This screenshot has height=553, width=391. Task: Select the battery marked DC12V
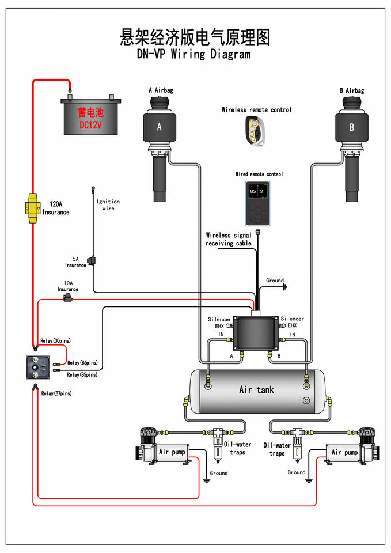point(90,116)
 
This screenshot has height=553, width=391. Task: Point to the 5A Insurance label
point(75,262)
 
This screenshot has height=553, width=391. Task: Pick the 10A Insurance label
point(68,286)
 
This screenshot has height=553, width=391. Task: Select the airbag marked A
point(160,127)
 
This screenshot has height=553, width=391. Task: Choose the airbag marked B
point(351,127)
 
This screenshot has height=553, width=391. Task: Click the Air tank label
point(257,390)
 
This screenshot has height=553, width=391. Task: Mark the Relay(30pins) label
point(55,341)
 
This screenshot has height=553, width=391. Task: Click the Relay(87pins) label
point(56,393)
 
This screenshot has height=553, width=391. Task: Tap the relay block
point(38,367)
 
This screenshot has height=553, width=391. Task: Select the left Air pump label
point(172,452)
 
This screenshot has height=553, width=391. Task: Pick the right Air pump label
point(344,452)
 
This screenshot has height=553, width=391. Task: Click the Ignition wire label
point(108,204)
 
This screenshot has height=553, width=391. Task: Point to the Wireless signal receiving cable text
point(229,239)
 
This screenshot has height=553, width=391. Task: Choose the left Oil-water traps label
point(237,448)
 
